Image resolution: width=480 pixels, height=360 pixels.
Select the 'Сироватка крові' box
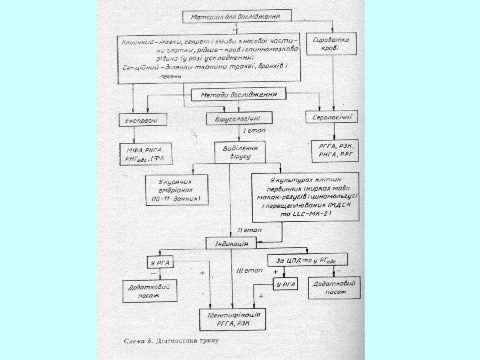[x=333, y=44]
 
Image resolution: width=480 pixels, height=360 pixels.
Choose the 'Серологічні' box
[x=331, y=118]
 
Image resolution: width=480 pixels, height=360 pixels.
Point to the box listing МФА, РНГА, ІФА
[x=145, y=155]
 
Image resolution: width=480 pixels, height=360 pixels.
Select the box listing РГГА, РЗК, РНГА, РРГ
[x=335, y=151]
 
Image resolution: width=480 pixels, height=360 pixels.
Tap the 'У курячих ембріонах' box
[x=176, y=189]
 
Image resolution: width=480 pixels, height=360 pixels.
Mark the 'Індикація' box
[x=231, y=243]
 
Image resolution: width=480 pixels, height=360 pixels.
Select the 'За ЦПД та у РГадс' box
[x=303, y=260]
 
